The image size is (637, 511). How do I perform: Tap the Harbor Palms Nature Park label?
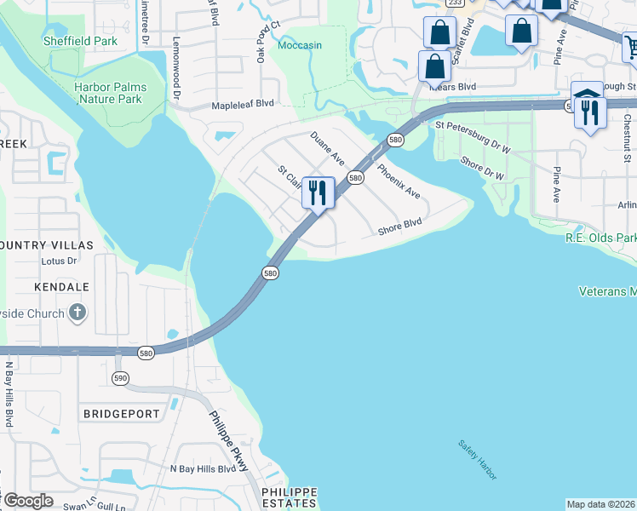[x=109, y=93]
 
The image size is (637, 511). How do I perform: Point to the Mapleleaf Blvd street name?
[x=243, y=103]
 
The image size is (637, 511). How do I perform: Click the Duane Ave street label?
[x=327, y=147]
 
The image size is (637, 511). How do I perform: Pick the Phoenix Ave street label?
[x=399, y=181]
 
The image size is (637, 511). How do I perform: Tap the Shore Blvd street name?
[x=400, y=227]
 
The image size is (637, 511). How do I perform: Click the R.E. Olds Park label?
[x=601, y=238]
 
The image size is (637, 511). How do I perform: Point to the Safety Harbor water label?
[x=477, y=460]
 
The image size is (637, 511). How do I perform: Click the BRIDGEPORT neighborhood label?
[x=122, y=414]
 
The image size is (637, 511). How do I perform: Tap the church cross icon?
[x=77, y=313]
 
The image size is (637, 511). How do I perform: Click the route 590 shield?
[x=120, y=376]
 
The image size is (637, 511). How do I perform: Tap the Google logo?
[x=27, y=500]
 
